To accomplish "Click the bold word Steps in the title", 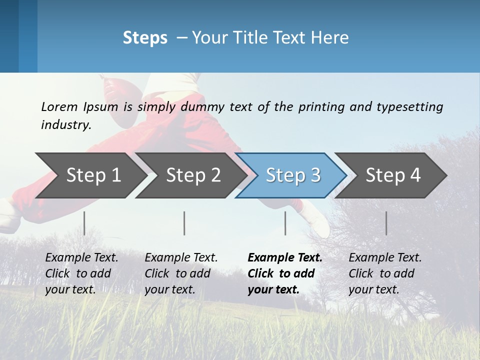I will [145, 38].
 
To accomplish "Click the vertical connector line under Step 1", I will [84, 223].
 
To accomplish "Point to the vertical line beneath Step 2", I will [184, 223].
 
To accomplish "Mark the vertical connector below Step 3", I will [285, 223].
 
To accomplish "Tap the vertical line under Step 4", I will [386, 223].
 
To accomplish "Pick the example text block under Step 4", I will [385, 273].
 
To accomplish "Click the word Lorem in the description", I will [59, 107].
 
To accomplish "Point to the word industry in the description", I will [66, 125].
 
